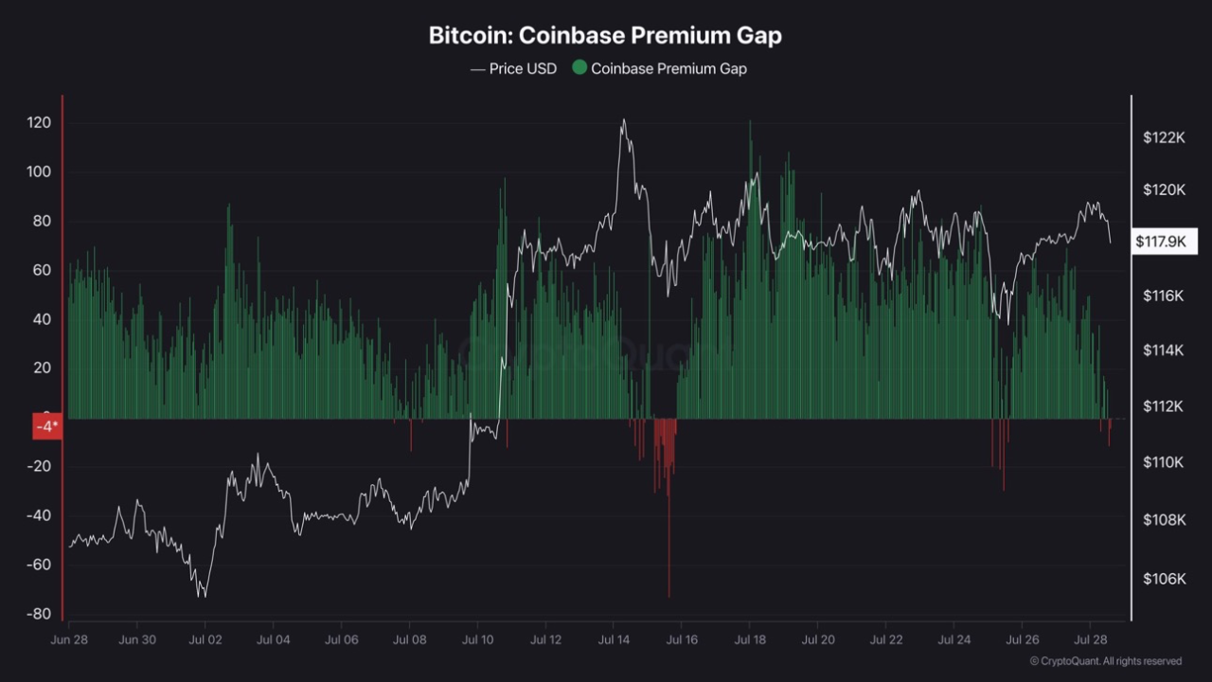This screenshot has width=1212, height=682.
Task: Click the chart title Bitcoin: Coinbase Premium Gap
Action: pyautogui.click(x=605, y=36)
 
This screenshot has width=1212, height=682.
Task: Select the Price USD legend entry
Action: pyautogui.click(x=513, y=68)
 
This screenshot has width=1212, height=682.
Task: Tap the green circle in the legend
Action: pyautogui.click(x=579, y=68)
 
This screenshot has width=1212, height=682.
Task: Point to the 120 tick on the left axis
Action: pyautogui.click(x=39, y=124)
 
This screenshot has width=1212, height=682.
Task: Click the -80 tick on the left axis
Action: pyautogui.click(x=39, y=614)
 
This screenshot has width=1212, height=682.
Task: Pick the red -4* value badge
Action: pyautogui.click(x=46, y=426)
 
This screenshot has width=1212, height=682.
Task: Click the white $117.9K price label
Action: pyautogui.click(x=1161, y=242)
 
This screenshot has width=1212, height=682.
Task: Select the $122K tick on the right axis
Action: pyautogui.click(x=1164, y=137)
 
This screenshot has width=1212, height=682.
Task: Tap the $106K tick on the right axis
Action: pyautogui.click(x=1164, y=579)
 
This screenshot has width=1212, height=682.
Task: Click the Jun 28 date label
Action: pyautogui.click(x=69, y=639)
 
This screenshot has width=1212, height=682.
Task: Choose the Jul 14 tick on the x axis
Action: pyautogui.click(x=614, y=639)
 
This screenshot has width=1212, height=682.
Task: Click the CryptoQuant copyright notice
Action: pyautogui.click(x=1105, y=661)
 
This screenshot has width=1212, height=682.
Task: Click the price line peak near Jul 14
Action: pyautogui.click(x=623, y=120)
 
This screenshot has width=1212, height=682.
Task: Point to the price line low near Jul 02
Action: pyautogui.click(x=202, y=595)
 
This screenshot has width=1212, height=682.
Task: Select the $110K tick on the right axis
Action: pyautogui.click(x=1164, y=462)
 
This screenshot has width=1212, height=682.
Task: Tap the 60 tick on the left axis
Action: pyautogui.click(x=39, y=271)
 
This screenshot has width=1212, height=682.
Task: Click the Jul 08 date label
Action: pyautogui.click(x=409, y=639)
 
